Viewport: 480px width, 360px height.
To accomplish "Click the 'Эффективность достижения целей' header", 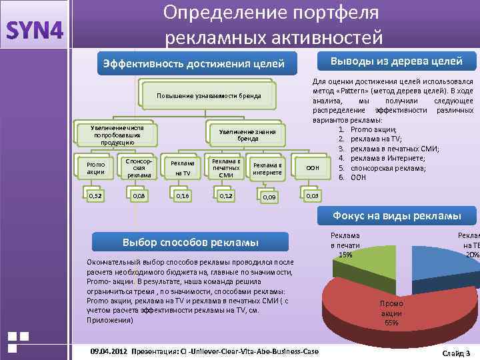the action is click(x=191, y=63).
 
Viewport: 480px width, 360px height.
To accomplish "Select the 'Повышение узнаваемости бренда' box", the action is click(x=208, y=95).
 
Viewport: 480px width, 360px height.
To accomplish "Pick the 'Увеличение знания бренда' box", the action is click(x=247, y=135).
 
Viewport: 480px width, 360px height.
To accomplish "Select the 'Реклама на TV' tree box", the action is click(x=182, y=168).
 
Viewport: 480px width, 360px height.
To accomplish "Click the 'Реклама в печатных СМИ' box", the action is click(x=225, y=168).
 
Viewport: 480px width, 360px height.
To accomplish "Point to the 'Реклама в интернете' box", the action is click(x=268, y=169).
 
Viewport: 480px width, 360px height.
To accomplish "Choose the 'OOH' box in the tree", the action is click(x=312, y=169).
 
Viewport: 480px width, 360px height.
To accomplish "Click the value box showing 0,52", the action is click(x=96, y=195).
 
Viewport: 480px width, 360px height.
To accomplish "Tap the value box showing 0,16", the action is click(x=181, y=196).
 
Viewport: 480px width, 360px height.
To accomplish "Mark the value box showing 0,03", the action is click(x=312, y=196).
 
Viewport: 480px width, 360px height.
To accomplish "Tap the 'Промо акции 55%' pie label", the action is click(x=392, y=313).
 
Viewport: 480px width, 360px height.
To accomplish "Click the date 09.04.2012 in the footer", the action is click(x=108, y=351).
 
